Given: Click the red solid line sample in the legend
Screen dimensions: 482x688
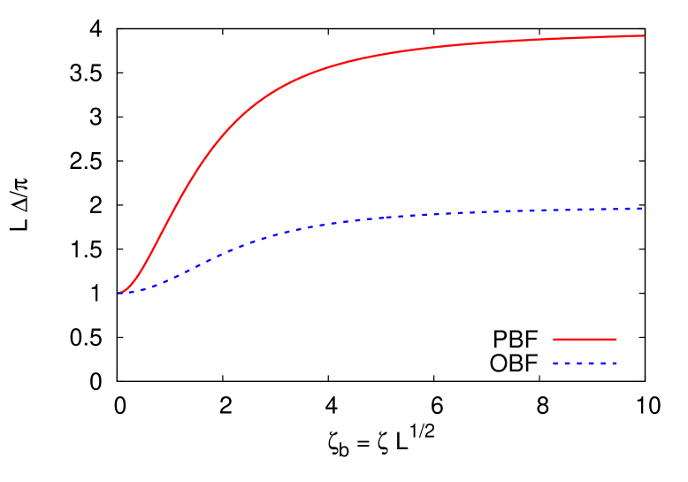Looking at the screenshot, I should point(585,340).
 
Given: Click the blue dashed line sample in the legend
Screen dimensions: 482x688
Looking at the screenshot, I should point(585,363).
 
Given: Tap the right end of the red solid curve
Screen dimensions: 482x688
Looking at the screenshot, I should point(643,36).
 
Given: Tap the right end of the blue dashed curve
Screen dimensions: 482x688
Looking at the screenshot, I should point(639,209).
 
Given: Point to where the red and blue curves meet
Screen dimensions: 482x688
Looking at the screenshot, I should point(120,293).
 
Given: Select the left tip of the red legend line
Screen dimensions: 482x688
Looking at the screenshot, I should point(554,340).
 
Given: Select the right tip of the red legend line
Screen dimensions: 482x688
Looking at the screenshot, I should point(615,340).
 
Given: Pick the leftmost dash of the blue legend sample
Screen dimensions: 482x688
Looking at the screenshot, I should point(557,363).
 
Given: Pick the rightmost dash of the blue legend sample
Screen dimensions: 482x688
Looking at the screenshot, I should point(613,363).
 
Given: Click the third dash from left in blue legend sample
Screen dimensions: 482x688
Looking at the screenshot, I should point(579,363).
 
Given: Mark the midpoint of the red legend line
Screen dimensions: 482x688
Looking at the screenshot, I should point(585,340).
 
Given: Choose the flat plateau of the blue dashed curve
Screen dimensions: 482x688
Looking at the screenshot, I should point(531,210).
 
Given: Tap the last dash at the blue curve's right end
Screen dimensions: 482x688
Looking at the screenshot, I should point(637,209).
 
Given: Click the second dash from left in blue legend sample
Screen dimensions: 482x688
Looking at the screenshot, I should point(568,363).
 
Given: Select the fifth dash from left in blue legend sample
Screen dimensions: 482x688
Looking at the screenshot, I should point(601,363).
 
